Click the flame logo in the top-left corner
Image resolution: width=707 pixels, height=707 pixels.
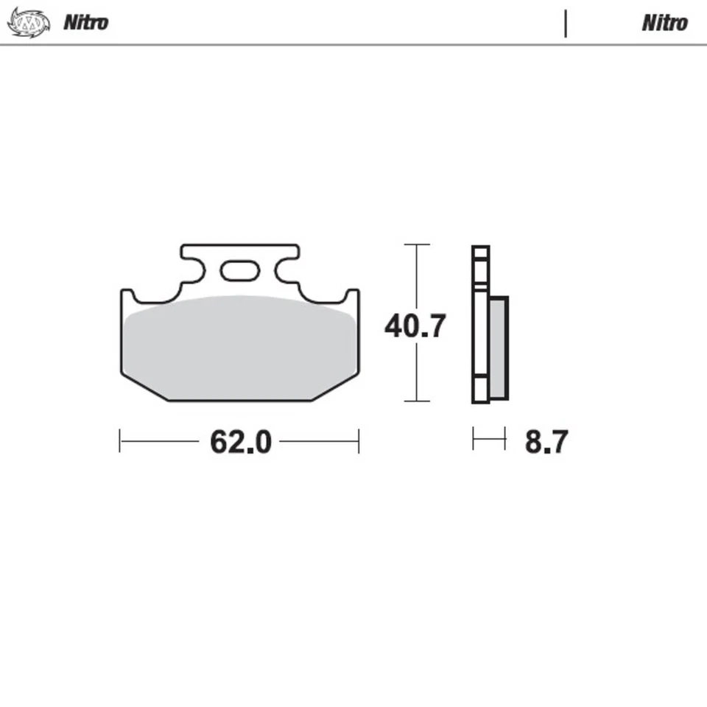[x=29, y=22]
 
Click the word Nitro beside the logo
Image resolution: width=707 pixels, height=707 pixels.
[x=85, y=22]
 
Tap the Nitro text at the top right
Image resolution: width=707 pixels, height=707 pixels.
[x=664, y=23]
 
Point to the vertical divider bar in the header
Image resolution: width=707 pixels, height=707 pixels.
[x=566, y=23]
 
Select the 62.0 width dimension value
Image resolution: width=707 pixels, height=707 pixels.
[x=241, y=442]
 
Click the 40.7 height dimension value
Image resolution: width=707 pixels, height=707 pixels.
[x=415, y=325]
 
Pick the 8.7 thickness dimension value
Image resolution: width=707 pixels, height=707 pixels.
[x=546, y=442]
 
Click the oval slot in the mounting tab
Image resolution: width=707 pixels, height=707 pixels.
[x=240, y=271]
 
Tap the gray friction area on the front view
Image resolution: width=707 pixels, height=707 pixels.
[x=239, y=346]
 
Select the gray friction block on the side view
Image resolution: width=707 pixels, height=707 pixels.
[x=499, y=348]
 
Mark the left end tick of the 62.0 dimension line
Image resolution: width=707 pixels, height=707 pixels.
[x=120, y=441]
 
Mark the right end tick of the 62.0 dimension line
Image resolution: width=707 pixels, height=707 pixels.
[x=359, y=441]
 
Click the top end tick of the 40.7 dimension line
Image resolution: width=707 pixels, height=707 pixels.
[x=417, y=245]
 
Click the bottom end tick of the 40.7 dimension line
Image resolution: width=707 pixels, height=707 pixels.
[x=417, y=401]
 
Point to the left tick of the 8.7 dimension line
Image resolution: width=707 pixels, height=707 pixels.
[x=474, y=439]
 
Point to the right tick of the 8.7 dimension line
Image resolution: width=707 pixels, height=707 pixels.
[x=505, y=439]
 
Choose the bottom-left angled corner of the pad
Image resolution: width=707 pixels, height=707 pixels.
[x=144, y=387]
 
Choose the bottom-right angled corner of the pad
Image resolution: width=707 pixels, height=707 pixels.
[x=337, y=387]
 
